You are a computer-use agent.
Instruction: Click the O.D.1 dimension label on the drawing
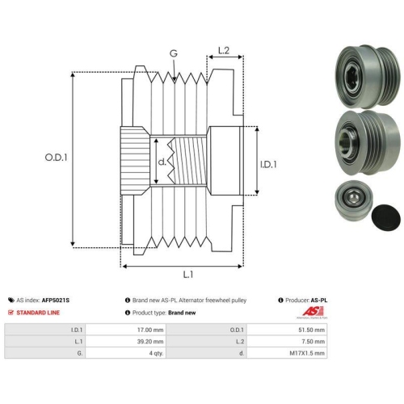[56, 158]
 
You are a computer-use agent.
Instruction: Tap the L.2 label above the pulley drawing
[224, 50]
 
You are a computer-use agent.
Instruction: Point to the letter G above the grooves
[174, 53]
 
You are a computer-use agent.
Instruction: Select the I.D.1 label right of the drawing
[268, 164]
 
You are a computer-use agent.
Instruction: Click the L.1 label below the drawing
[188, 275]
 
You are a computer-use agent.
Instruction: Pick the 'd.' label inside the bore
[162, 162]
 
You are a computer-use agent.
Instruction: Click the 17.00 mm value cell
[150, 330]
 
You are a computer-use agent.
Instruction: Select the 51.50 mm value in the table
[312, 330]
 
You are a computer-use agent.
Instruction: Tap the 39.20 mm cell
[150, 342]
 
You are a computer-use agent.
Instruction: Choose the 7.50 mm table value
[314, 342]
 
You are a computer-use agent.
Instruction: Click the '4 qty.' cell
[156, 353]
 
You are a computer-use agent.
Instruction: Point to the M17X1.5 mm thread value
[307, 353]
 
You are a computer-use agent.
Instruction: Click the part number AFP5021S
[56, 301]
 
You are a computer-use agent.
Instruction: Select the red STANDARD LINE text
[38, 313]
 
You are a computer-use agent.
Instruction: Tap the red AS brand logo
[313, 312]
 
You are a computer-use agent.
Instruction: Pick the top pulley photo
[368, 76]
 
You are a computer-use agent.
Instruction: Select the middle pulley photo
[368, 142]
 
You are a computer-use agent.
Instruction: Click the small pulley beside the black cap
[354, 200]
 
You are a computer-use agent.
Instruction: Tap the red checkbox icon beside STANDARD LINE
[11, 313]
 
